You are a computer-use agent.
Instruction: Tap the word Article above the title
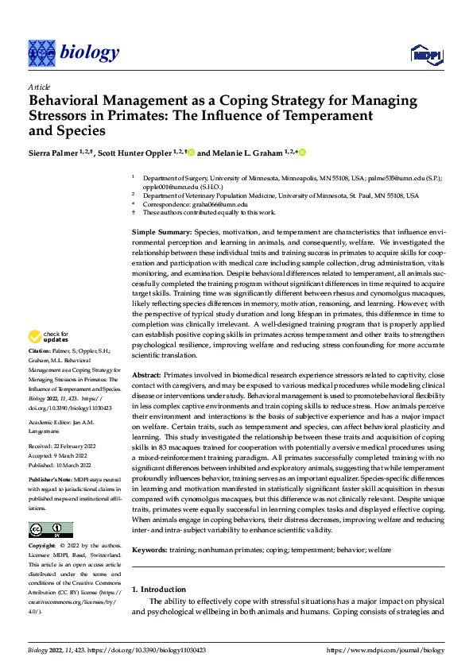tap(39, 87)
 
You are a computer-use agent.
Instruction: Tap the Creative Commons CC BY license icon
tap(51, 507)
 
